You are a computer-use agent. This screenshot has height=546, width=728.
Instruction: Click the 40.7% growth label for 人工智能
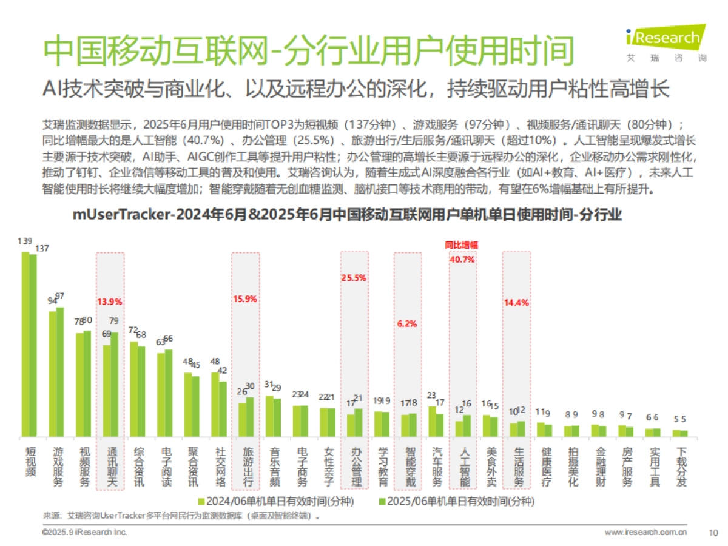coord(462,259)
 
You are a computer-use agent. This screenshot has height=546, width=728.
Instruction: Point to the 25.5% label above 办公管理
coord(354,278)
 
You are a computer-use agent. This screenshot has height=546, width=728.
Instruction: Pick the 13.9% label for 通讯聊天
coord(110,301)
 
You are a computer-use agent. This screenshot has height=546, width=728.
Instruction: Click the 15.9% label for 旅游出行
coord(245,298)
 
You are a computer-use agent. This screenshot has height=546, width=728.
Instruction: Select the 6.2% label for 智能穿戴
coord(407,324)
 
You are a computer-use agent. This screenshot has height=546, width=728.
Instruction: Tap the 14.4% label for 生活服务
coord(516,302)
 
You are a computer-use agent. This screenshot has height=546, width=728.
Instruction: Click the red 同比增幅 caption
coord(461,245)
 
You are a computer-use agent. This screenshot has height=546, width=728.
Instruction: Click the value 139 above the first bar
coord(25,241)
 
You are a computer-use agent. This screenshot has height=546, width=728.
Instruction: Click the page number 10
coord(713,533)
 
